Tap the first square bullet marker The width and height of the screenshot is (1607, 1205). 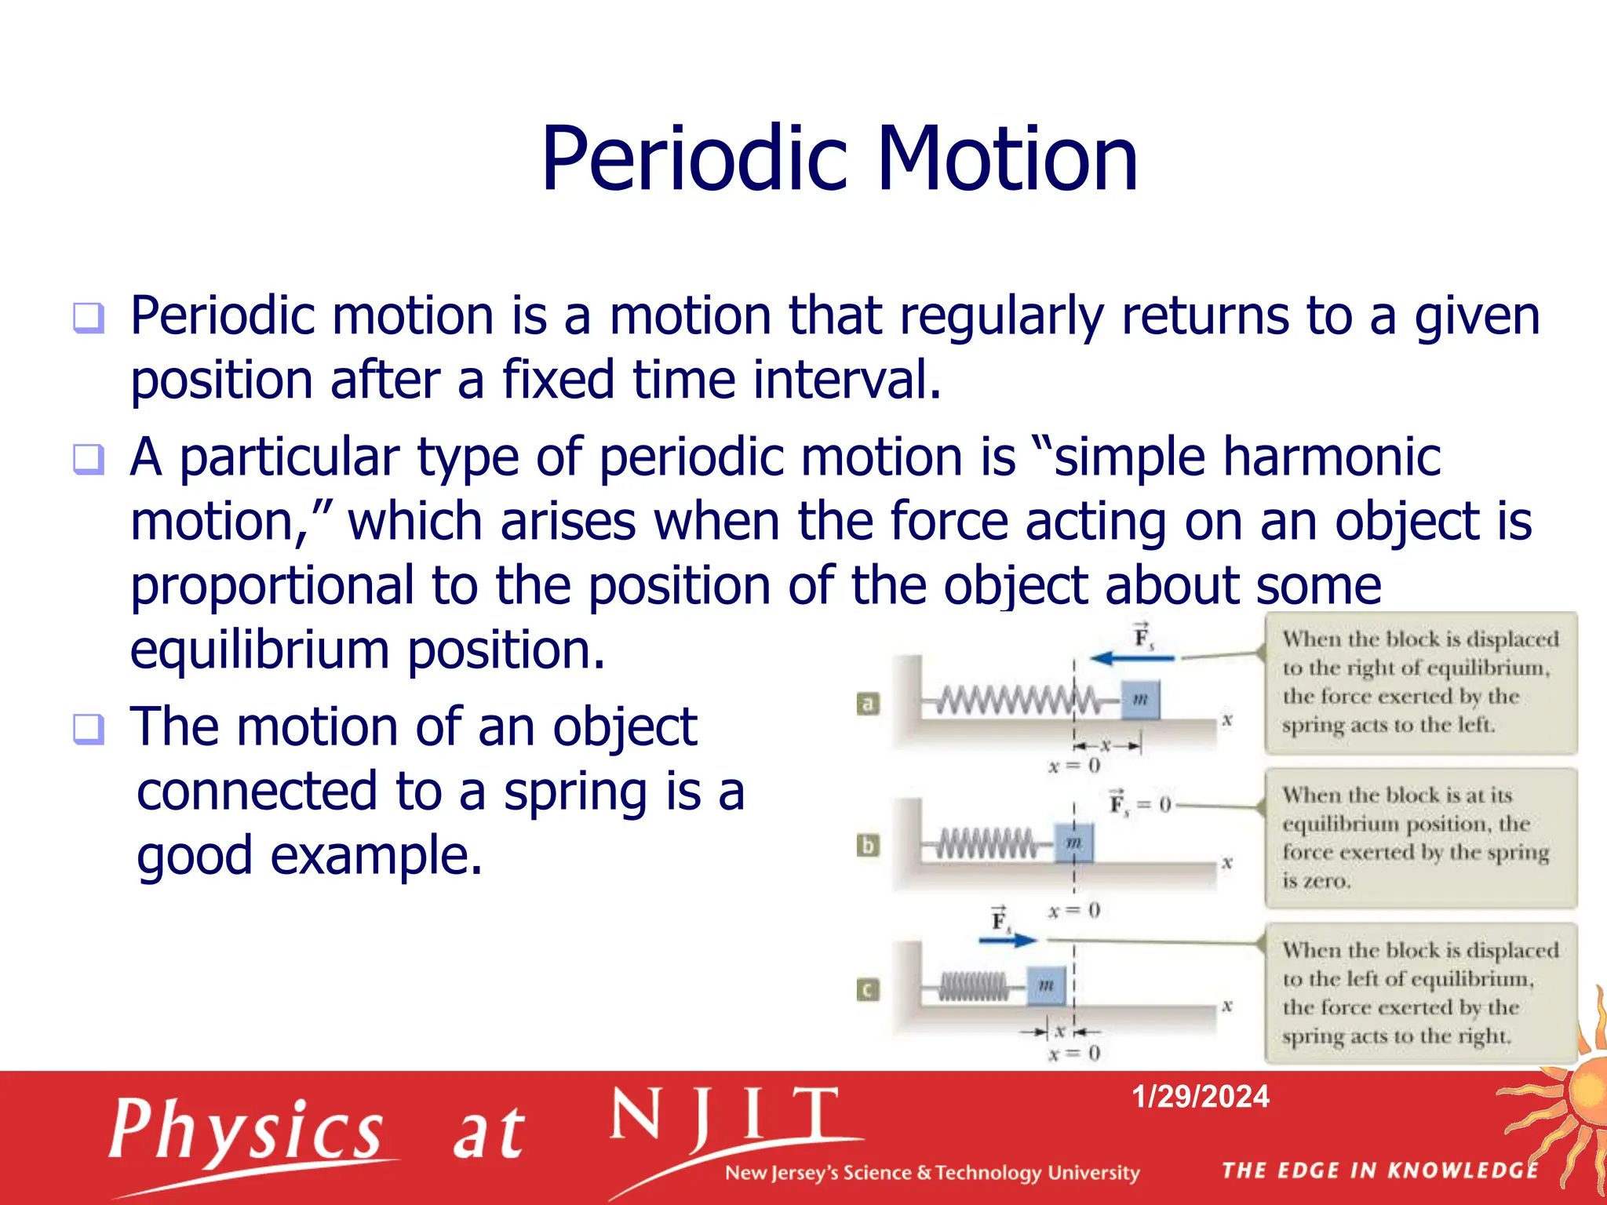tap(89, 318)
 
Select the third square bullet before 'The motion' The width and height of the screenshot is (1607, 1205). tap(89, 729)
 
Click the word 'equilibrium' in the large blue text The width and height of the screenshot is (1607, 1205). tap(260, 650)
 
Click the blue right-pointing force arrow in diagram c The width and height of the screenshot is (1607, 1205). tap(1008, 940)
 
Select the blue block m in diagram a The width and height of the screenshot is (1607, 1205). tap(1140, 699)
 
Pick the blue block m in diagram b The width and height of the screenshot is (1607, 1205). tap(1073, 843)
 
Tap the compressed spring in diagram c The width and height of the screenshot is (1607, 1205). tap(974, 986)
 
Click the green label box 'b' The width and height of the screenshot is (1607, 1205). tap(868, 846)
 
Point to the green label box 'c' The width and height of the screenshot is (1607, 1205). tap(868, 989)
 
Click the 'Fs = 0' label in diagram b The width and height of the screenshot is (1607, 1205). tap(1139, 804)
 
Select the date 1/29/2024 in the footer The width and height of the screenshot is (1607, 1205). tap(1200, 1096)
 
